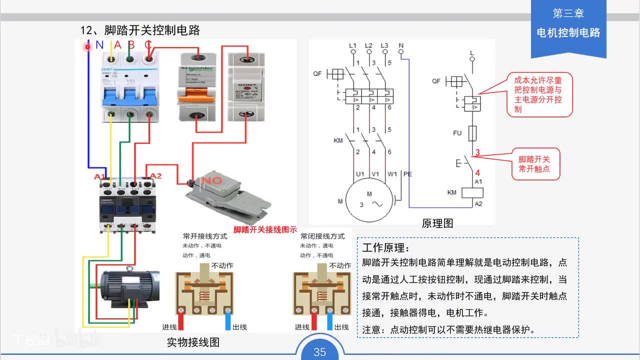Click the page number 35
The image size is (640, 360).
pyautogui.click(x=319, y=352)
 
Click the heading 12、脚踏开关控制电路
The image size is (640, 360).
pyautogui.click(x=140, y=30)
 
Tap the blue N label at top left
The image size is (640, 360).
pyautogui.click(x=99, y=44)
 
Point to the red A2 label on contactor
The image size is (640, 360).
pyautogui.click(x=156, y=175)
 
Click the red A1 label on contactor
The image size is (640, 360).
pyautogui.click(x=100, y=176)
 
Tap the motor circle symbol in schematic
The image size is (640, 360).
pyautogui.click(x=369, y=200)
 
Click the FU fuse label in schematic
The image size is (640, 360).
pyautogui.click(x=457, y=133)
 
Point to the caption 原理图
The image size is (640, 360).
pyautogui.click(x=437, y=223)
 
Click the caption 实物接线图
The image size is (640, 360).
pyautogui.click(x=193, y=342)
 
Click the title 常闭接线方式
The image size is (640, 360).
pyautogui.click(x=322, y=236)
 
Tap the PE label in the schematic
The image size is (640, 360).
pyautogui.click(x=407, y=174)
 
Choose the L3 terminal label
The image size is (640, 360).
pyautogui.click(x=384, y=45)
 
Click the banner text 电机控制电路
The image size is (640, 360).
pyautogui.click(x=568, y=33)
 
